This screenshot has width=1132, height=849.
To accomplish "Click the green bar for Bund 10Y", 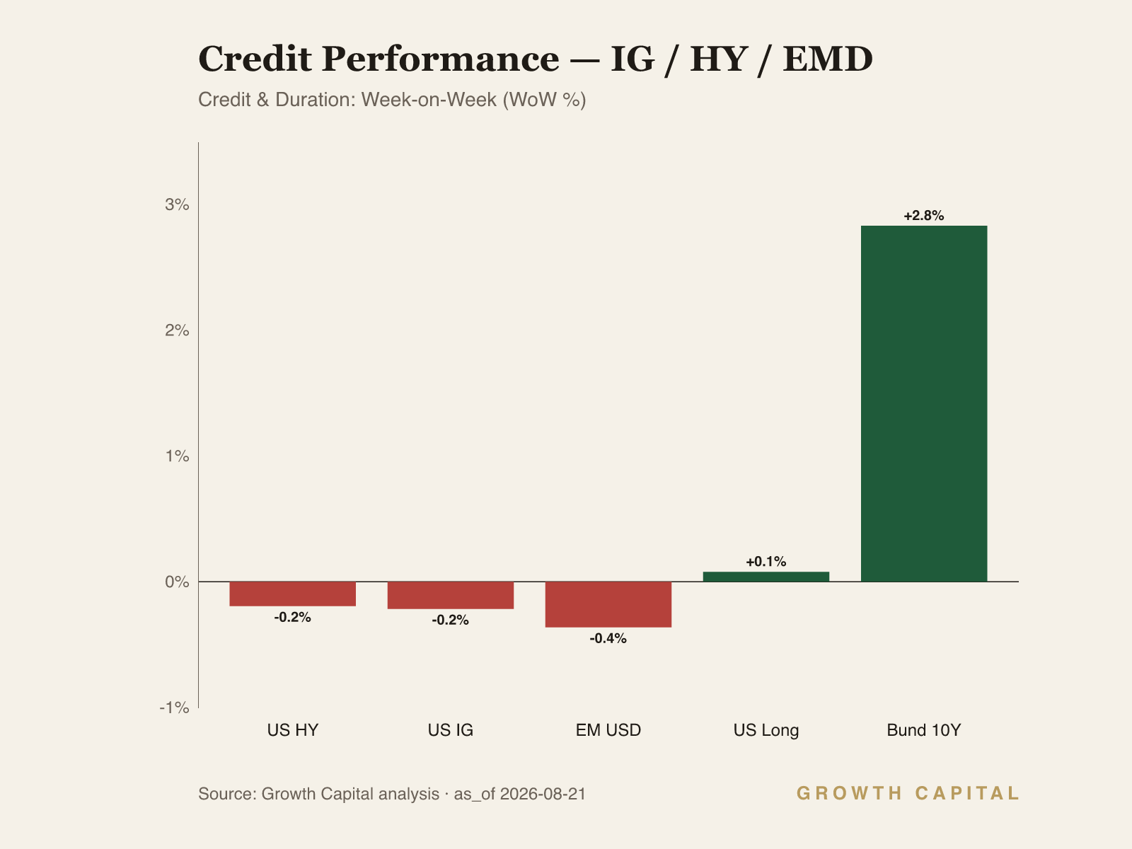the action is click(924, 403).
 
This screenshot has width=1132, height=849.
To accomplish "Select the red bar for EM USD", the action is click(608, 604).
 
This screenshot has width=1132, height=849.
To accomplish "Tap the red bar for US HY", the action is click(292, 594).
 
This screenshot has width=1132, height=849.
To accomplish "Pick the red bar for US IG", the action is click(450, 596).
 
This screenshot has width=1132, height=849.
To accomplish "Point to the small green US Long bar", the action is click(766, 577).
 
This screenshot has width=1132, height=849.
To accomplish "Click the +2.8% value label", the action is click(924, 216).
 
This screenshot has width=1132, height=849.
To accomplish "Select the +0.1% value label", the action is click(766, 561).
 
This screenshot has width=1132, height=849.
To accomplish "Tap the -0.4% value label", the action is click(608, 638).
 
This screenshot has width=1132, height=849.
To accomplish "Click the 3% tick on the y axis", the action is click(177, 204).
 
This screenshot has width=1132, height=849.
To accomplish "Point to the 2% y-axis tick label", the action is click(177, 330).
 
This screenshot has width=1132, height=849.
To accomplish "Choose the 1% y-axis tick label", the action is click(177, 456).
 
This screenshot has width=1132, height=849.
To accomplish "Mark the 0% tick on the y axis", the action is click(177, 582).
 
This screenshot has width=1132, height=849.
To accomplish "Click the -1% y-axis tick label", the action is click(174, 707).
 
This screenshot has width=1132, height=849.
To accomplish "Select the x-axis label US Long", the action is click(766, 730).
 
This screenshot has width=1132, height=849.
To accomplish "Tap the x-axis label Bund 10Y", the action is click(924, 730).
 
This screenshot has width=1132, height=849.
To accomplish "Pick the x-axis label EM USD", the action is click(608, 730).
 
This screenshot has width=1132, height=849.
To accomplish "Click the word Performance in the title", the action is click(441, 59).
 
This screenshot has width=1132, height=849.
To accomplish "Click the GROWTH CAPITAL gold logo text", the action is click(908, 793).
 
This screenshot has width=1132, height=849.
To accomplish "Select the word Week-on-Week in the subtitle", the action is click(429, 100).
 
